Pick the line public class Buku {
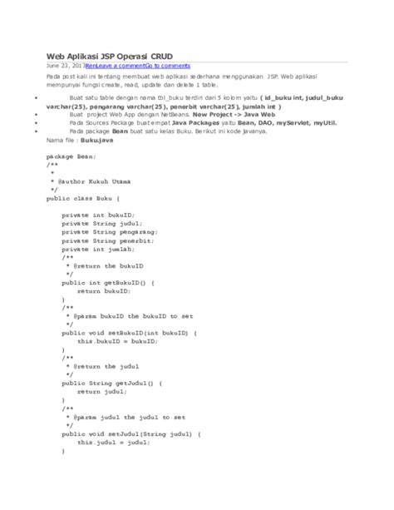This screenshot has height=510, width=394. pyautogui.click(x=84, y=199)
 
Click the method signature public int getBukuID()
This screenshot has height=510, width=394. pyautogui.click(x=107, y=282)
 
